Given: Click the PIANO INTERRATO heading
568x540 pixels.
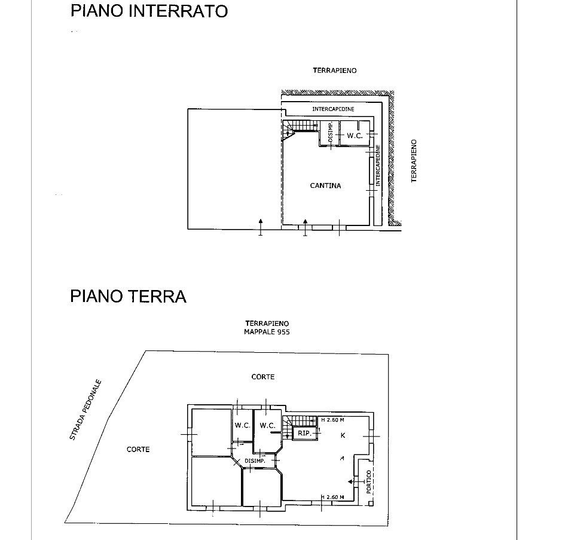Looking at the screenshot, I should click(149, 11).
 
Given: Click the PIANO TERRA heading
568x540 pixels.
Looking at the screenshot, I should click(128, 296).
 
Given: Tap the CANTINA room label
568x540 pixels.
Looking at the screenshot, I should click(325, 186).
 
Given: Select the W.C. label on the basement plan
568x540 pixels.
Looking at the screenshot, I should click(355, 136).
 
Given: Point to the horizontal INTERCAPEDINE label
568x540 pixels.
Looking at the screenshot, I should click(333, 109).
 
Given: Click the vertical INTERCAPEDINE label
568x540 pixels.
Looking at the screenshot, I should click(378, 166).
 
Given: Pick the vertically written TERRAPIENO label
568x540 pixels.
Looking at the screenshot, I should click(414, 161).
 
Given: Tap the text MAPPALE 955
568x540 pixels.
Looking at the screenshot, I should click(267, 332).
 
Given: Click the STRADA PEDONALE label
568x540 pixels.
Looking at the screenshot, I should click(86, 410).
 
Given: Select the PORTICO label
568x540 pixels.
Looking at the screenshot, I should click(369, 482).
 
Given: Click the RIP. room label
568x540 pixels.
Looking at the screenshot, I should click(304, 433).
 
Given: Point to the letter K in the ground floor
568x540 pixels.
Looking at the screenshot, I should click(343, 435).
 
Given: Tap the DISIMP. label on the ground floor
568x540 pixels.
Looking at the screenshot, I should click(255, 460).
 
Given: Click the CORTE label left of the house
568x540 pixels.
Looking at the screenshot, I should click(138, 449).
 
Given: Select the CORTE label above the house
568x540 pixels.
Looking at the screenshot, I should click(263, 377).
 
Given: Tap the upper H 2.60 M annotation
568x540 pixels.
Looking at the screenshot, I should click(336, 420).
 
